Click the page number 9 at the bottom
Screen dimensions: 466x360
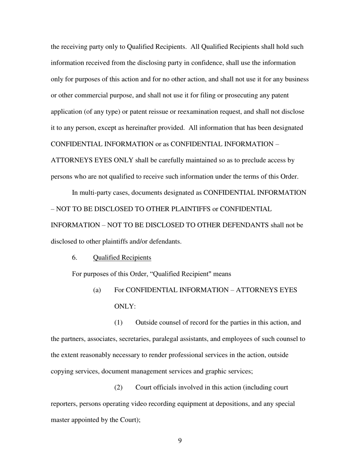pyautogui.click(x=180, y=440)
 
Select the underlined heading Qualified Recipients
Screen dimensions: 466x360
pyautogui.click(x=122, y=258)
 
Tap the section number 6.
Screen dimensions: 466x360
pyautogui.click(x=75, y=258)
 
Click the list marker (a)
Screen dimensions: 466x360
pyautogui.click(x=97, y=290)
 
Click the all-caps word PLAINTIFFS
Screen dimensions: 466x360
pyautogui.click(x=193, y=209)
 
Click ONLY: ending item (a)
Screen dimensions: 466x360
pyautogui.click(x=125, y=306)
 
